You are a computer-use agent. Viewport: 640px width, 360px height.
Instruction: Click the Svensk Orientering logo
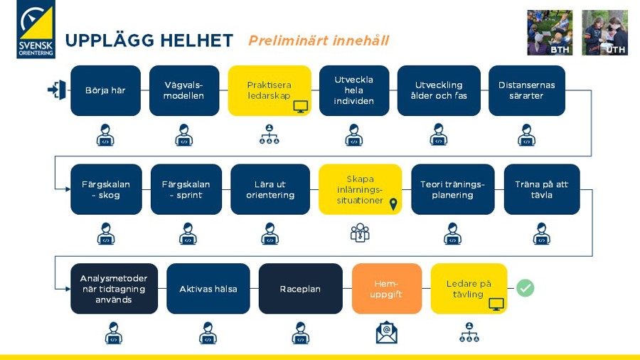(x=36, y=29)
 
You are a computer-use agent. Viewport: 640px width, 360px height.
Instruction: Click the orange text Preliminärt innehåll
(x=319, y=41)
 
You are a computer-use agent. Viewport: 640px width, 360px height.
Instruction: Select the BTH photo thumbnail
(x=550, y=33)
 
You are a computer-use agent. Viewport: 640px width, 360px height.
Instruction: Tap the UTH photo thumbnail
(x=605, y=33)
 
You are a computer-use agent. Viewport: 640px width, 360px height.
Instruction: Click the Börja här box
(x=106, y=90)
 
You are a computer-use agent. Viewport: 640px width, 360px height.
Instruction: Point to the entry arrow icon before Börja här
(x=57, y=90)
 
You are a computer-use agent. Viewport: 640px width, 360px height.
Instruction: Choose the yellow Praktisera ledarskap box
(x=270, y=90)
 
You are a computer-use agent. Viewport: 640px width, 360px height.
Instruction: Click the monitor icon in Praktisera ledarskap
(x=300, y=107)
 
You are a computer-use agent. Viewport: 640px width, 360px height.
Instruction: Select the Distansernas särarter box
(x=526, y=90)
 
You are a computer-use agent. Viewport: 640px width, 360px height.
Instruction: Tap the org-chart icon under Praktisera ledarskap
(x=270, y=134)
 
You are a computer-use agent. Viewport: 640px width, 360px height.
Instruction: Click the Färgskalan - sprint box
(x=186, y=189)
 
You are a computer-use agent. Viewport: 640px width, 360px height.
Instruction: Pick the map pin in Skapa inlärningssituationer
(x=393, y=204)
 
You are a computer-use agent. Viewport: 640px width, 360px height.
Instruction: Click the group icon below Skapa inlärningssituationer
(x=360, y=233)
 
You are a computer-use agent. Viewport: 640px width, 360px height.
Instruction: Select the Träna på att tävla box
(x=542, y=189)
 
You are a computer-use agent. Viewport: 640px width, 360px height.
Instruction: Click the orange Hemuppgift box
(x=387, y=289)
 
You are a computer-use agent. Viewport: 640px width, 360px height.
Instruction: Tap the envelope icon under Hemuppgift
(x=387, y=332)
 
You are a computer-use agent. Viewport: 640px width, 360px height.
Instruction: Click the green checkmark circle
(x=526, y=288)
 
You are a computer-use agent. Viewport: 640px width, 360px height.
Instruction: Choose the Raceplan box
(x=300, y=289)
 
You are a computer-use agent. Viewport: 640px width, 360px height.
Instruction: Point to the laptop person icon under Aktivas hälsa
(x=208, y=333)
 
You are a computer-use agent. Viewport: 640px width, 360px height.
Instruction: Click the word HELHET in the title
(x=196, y=41)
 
